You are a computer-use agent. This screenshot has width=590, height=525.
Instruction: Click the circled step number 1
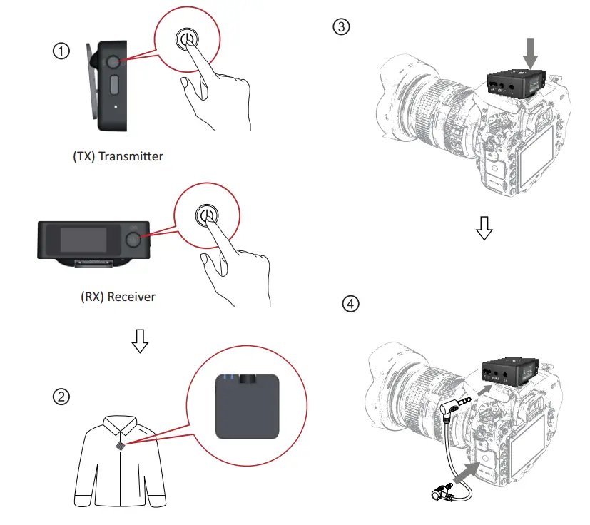(x=62, y=51)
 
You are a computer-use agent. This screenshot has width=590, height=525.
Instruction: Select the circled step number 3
(x=342, y=27)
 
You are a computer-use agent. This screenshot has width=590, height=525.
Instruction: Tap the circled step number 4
(x=351, y=304)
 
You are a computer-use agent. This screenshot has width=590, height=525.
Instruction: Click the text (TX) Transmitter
(x=118, y=156)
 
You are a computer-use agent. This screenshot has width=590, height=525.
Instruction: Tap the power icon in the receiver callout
(x=206, y=215)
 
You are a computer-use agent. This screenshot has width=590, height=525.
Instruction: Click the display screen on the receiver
(x=85, y=239)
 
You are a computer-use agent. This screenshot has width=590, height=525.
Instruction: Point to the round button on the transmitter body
(x=114, y=63)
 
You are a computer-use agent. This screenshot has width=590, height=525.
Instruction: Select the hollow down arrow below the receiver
(x=141, y=343)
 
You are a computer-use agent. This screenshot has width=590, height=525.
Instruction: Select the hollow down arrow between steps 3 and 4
(x=484, y=228)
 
